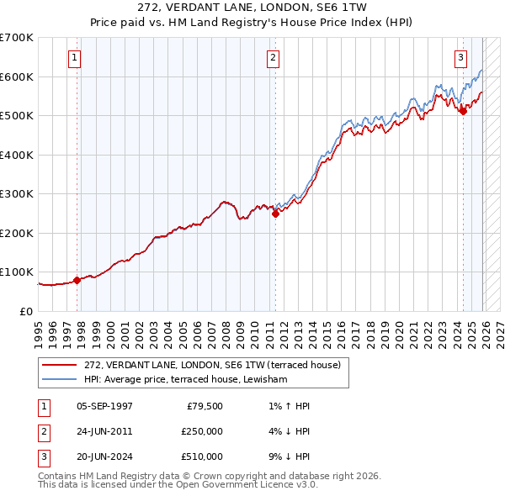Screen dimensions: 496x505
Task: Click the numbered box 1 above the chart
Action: tap(75, 58)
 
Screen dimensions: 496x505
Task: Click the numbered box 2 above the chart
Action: tap(274, 58)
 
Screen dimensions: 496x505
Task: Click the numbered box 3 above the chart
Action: tap(461, 58)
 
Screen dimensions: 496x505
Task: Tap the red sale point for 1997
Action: tap(77, 280)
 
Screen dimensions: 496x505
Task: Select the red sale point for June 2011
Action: tap(275, 214)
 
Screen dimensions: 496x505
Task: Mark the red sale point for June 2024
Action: tap(463, 111)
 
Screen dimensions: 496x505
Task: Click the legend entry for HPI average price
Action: tap(185, 380)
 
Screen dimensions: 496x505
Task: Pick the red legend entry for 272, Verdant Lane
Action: tap(211, 365)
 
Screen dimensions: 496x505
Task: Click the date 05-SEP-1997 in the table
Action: tap(104, 406)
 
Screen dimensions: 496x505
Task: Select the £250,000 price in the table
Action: tap(202, 431)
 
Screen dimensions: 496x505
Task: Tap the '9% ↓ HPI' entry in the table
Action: tap(285, 456)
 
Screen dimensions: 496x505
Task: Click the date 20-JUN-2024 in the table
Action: tap(104, 456)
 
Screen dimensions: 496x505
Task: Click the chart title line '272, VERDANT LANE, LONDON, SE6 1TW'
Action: tap(252, 8)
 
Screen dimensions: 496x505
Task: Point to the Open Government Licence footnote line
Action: tap(178, 485)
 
